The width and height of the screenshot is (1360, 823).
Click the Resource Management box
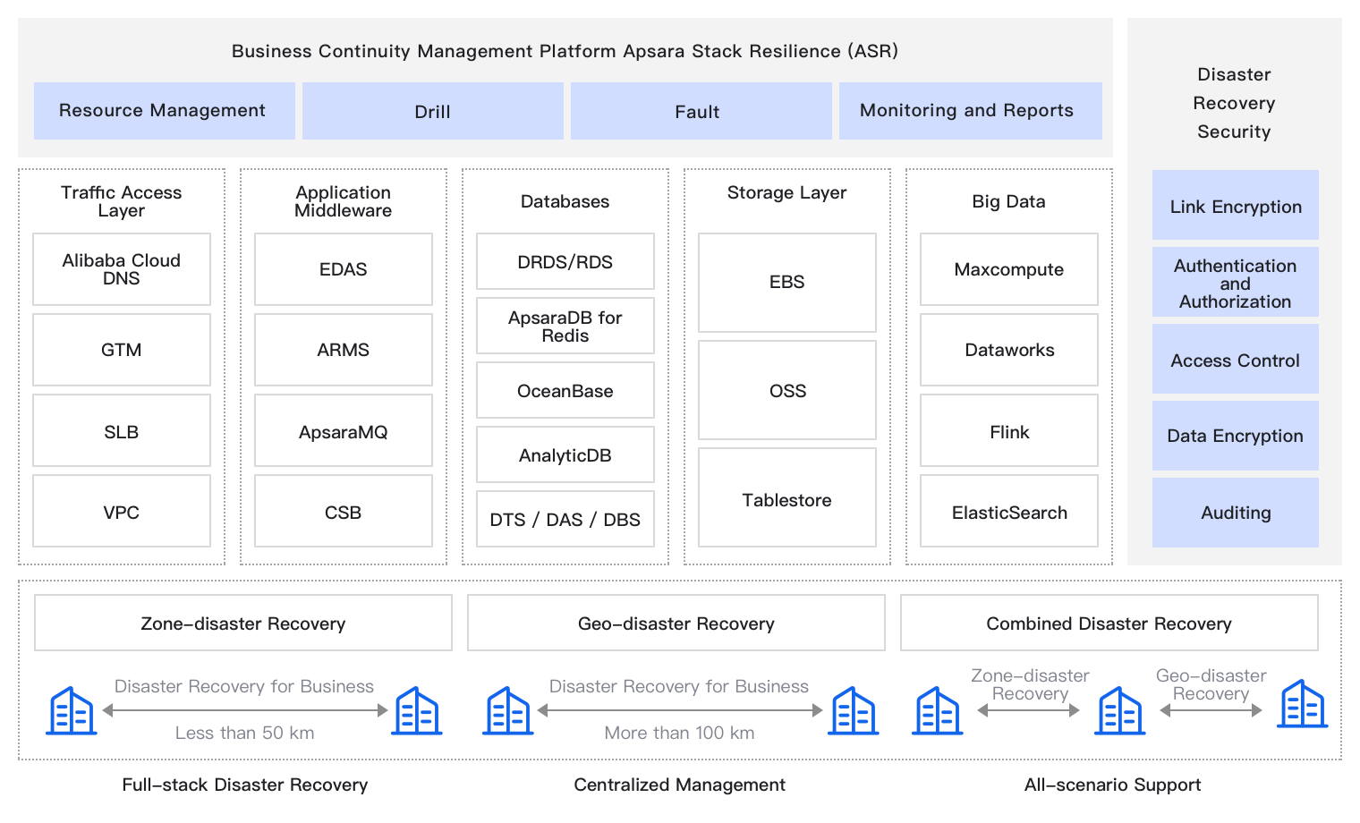tap(165, 111)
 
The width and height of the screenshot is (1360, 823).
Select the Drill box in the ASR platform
tap(433, 111)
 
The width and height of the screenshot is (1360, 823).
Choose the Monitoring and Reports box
tap(970, 111)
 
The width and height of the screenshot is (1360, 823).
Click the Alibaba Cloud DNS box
tap(122, 269)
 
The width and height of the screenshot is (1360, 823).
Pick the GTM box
tap(122, 350)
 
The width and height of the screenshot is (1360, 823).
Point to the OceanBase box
tap(565, 390)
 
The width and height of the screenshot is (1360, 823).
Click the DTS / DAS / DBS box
tap(565, 519)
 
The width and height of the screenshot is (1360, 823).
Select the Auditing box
tap(1236, 513)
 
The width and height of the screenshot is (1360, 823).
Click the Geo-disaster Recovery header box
tap(676, 623)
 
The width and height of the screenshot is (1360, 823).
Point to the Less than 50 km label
tap(245, 733)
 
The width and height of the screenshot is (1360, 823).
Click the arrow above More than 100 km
tap(680, 710)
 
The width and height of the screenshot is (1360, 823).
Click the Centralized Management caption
tap(680, 785)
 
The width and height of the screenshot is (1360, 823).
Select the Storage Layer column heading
tap(787, 192)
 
